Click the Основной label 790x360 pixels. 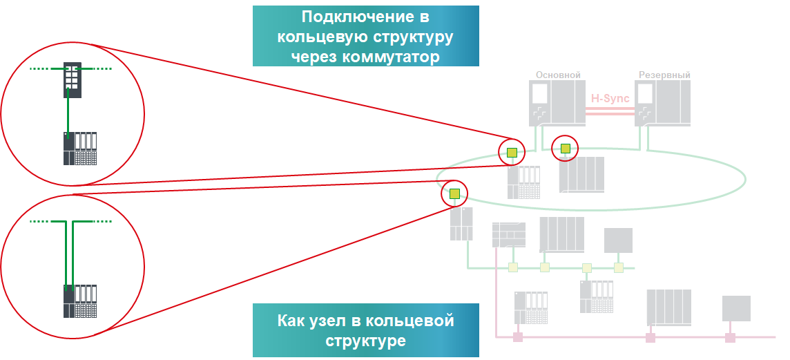point(558,75)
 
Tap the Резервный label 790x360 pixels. point(664,75)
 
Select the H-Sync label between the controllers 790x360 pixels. point(610,98)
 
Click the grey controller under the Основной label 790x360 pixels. point(557,103)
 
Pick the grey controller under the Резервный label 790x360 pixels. point(662,103)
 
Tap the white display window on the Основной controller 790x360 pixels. point(539,93)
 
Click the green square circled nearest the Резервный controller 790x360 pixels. point(565,147)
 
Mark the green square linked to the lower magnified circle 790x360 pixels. point(454,194)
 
